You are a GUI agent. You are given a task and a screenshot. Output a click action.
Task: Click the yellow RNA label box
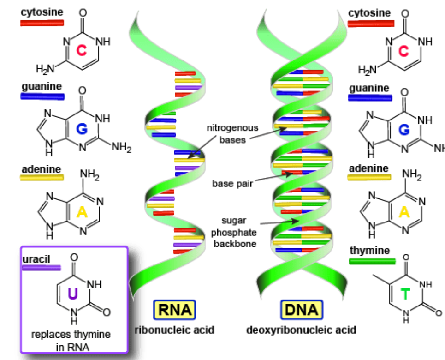pyautogui.click(x=174, y=310)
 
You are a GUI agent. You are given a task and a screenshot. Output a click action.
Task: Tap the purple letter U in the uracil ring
pyautogui.click(x=73, y=294)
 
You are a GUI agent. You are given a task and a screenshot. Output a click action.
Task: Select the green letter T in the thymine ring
pyautogui.click(x=405, y=294)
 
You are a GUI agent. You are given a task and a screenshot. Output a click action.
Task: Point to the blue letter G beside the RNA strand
pyautogui.click(x=82, y=130)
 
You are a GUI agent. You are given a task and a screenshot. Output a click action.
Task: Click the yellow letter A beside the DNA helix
pyautogui.click(x=404, y=212)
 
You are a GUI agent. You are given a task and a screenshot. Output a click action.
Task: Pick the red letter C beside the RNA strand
pyautogui.click(x=82, y=51)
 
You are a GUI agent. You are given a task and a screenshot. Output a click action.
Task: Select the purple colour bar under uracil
pyautogui.click(x=42, y=267)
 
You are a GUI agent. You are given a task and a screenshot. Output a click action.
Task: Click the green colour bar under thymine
pyautogui.click(x=372, y=261)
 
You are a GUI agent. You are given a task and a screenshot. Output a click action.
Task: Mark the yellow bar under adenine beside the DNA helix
pyautogui.click(x=369, y=177)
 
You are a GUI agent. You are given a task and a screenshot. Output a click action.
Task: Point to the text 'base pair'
pyautogui.click(x=232, y=184)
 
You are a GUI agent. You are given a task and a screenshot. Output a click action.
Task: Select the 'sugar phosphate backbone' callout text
pyautogui.click(x=235, y=232)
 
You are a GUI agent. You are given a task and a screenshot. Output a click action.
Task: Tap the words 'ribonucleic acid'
pyautogui.click(x=174, y=330)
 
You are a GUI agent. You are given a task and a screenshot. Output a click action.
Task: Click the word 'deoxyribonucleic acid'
pyautogui.click(x=301, y=330)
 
